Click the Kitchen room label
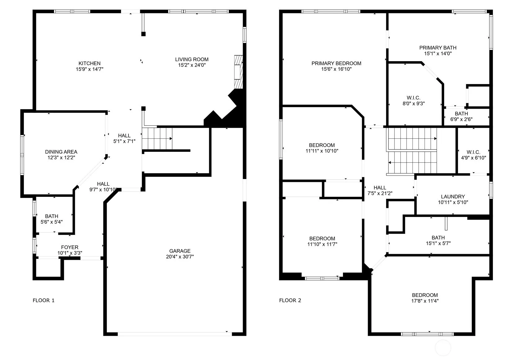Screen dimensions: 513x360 (90, 63)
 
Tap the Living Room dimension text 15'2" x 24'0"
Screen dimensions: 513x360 (192, 65)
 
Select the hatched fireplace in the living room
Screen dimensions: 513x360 (238, 72)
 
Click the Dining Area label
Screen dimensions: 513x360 (61, 152)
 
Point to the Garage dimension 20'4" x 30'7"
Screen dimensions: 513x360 (180, 257)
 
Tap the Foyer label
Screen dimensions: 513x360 (70, 247)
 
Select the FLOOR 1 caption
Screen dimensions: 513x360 (43, 300)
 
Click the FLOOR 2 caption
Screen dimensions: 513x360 (290, 300)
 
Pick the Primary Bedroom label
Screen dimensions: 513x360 (336, 63)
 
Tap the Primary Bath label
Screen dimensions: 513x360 (438, 48)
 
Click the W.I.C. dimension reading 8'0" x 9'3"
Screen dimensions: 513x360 (414, 104)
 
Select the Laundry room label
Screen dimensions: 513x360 (453, 197)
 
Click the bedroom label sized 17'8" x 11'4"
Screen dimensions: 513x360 (425, 295)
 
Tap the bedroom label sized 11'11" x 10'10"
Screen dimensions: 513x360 (322, 145)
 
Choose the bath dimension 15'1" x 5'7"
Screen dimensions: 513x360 (438, 243)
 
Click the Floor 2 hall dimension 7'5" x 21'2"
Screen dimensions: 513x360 (380, 193)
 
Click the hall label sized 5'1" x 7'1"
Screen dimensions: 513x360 (124, 136)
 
